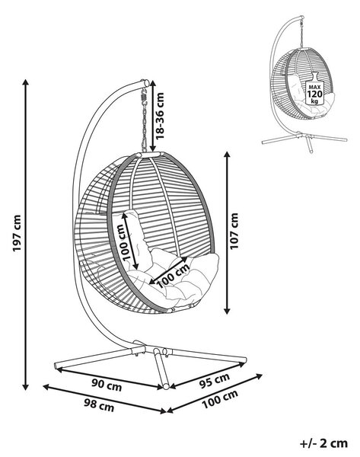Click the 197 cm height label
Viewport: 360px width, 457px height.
[18, 233]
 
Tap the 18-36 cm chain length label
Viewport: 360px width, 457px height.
[160, 116]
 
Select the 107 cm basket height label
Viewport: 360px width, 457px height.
[234, 231]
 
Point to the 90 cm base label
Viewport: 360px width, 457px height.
[107, 385]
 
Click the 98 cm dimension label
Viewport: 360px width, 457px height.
[99, 405]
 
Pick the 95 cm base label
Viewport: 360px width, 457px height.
[215, 380]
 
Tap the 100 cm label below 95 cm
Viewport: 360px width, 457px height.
[220, 398]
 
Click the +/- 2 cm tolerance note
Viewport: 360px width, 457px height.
[324, 443]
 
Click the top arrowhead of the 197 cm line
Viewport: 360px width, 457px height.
[26, 82]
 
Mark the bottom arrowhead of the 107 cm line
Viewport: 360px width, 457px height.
[227, 311]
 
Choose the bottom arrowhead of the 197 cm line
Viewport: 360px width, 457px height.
[26, 387]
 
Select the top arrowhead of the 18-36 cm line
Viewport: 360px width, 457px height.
[153, 82]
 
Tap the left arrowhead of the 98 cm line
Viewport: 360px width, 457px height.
[46, 387]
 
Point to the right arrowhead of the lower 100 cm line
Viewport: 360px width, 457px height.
[259, 376]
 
